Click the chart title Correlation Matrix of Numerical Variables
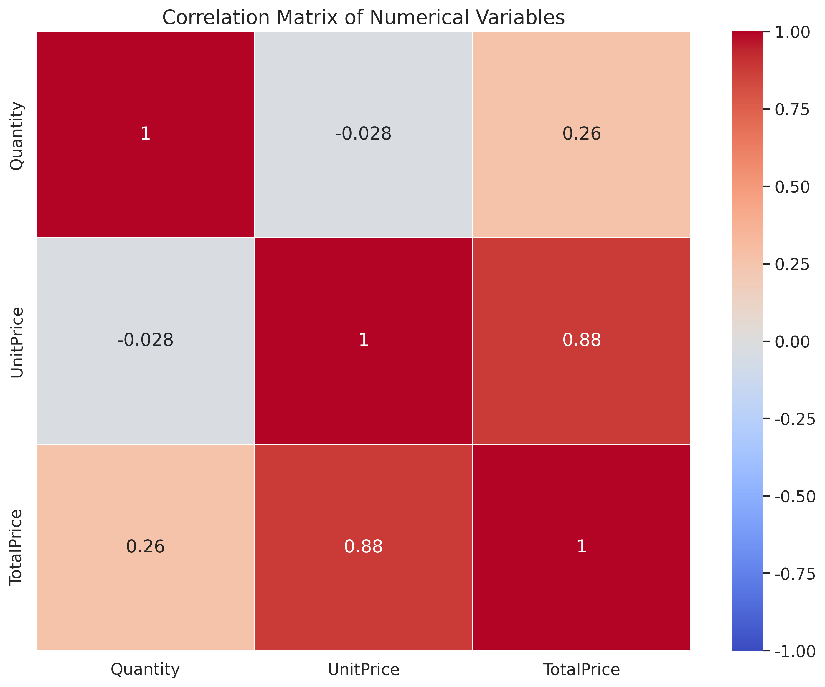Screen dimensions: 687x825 point(363,18)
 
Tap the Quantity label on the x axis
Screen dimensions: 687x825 point(145,669)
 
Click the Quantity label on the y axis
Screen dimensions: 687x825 point(17,135)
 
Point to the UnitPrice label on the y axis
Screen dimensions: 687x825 point(17,342)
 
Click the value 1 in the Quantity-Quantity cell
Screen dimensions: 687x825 point(145,134)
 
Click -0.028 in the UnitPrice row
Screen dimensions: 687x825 point(145,340)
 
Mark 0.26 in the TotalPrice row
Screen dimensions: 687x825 point(145,547)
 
